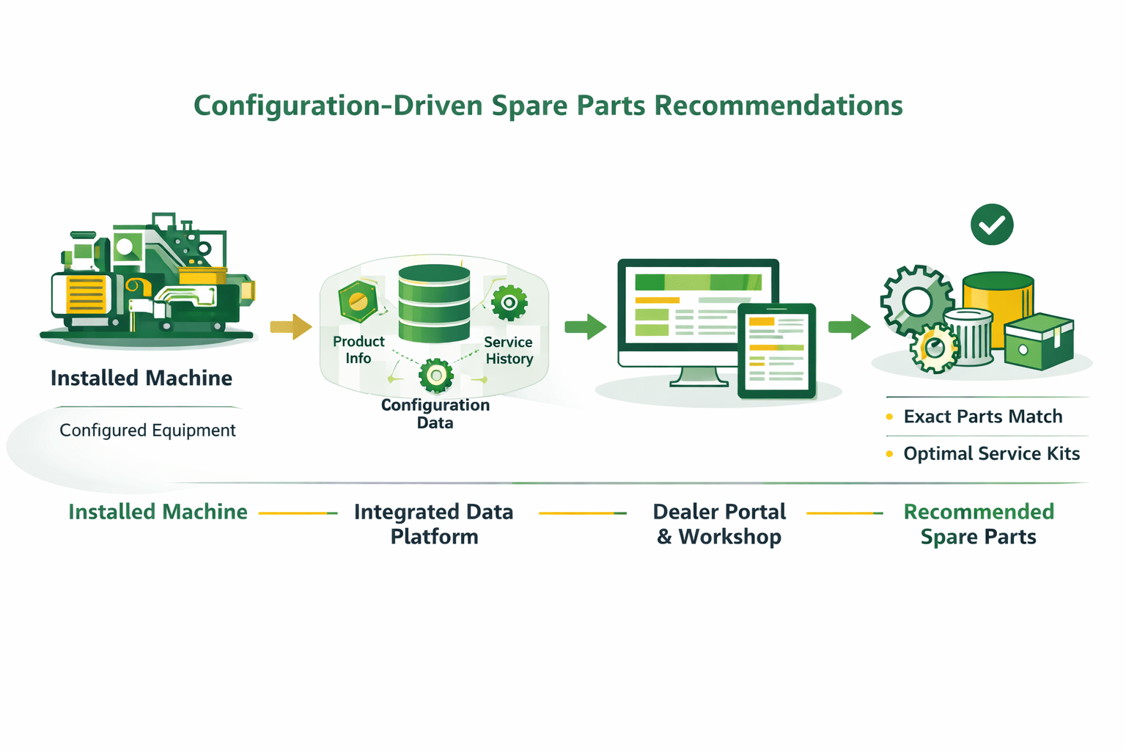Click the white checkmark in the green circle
click(992, 224)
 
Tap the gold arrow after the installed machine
click(291, 326)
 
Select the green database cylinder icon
click(434, 304)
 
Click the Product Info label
click(358, 350)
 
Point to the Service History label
click(509, 351)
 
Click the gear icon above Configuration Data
click(436, 375)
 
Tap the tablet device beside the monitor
click(776, 351)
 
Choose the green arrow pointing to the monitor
click(586, 326)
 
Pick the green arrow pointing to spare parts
click(850, 326)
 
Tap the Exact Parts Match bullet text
click(982, 417)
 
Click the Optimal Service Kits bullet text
click(991, 454)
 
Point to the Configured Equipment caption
click(147, 431)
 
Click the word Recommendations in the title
click(778, 106)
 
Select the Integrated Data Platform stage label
click(434, 524)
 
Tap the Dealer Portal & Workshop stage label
click(719, 524)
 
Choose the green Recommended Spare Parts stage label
click(979, 524)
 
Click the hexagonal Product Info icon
click(358, 301)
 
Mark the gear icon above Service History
click(509, 302)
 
